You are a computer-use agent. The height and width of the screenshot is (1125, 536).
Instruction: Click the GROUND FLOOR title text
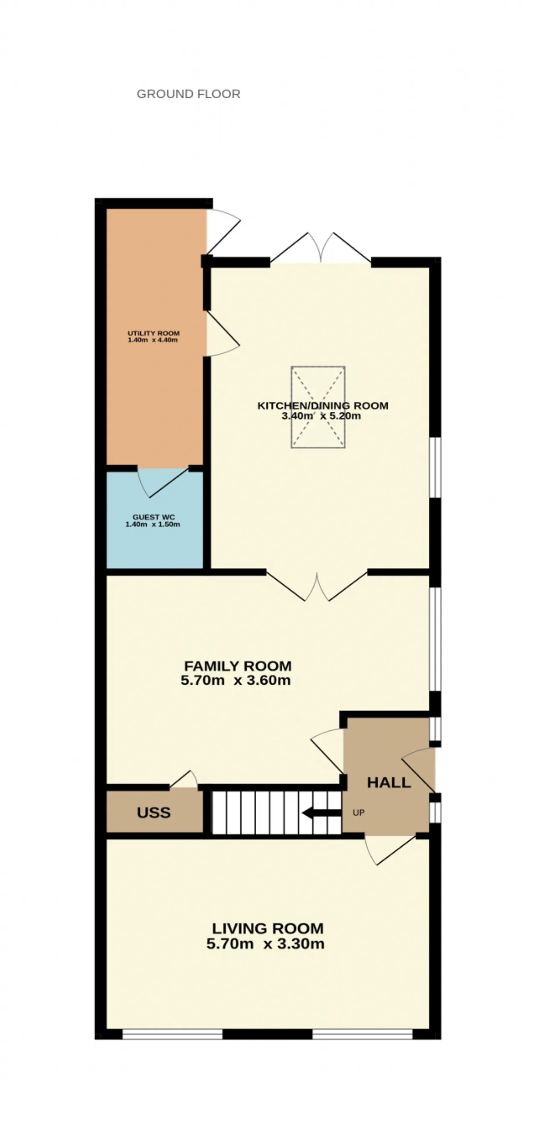tap(188, 94)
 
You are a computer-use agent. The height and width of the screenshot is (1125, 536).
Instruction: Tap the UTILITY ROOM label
tap(153, 333)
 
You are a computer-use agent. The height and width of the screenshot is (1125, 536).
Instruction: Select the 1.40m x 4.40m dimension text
tap(152, 340)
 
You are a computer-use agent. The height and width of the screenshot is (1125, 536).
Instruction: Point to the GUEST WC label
tap(154, 517)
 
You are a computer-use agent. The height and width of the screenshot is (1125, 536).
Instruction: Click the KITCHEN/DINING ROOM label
tap(323, 406)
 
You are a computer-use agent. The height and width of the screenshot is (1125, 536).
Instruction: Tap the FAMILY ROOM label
tap(237, 666)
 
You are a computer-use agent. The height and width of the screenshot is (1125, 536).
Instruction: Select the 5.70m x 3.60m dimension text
tap(236, 680)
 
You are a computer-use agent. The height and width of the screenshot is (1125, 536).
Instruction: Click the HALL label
tap(389, 783)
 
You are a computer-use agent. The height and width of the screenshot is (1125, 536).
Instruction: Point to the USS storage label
tap(154, 813)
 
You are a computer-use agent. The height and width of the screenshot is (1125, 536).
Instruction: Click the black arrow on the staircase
tap(321, 813)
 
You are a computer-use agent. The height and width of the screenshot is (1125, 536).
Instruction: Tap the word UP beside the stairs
tap(358, 813)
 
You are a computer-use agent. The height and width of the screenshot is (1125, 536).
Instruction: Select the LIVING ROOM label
tap(268, 928)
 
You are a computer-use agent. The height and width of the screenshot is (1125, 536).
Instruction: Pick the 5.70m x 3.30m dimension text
tap(265, 944)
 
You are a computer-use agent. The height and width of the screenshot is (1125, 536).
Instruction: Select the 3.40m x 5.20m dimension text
tap(321, 416)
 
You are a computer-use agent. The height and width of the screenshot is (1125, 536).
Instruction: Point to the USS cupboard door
tap(183, 780)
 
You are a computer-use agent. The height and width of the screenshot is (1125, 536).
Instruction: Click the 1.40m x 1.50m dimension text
tap(152, 524)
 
